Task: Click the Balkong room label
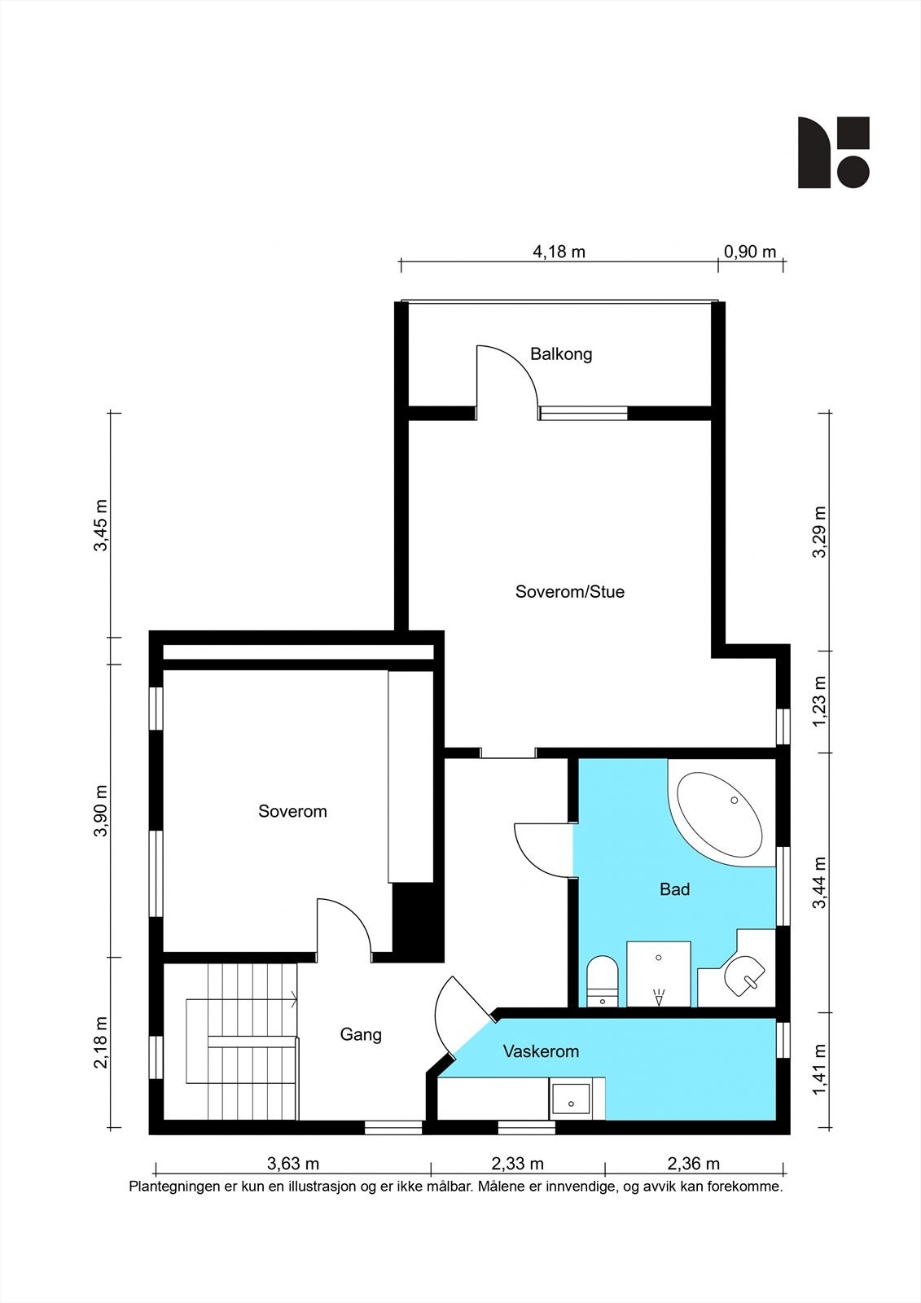pyautogui.click(x=561, y=354)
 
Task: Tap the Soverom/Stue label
pyautogui.click(x=569, y=591)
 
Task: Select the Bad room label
pyautogui.click(x=674, y=888)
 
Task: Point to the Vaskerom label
pyautogui.click(x=541, y=1051)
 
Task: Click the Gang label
pyautogui.click(x=361, y=1035)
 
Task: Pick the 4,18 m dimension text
pyautogui.click(x=559, y=252)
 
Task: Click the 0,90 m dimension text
pyautogui.click(x=750, y=252)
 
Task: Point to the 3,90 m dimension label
pyautogui.click(x=101, y=811)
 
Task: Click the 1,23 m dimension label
pyautogui.click(x=819, y=701)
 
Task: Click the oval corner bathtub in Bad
pyautogui.click(x=721, y=814)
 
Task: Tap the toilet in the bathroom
pyautogui.click(x=602, y=981)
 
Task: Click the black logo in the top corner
pyautogui.click(x=834, y=152)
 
